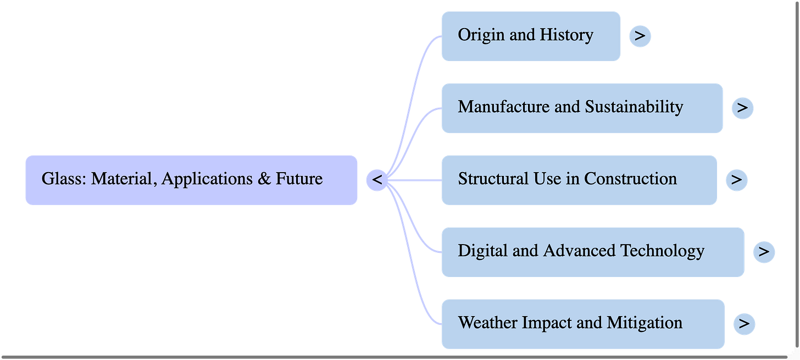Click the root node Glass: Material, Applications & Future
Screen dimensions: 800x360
click(191, 180)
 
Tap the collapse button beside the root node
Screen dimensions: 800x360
click(377, 180)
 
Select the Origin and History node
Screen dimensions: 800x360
click(530, 36)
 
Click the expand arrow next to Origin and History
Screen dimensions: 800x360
click(640, 36)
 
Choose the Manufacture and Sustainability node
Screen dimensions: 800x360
click(581, 108)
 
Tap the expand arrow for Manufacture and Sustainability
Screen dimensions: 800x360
click(742, 108)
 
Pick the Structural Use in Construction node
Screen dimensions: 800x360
click(578, 180)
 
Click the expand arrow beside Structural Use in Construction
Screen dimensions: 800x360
click(736, 180)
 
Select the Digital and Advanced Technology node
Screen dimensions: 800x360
click(592, 251)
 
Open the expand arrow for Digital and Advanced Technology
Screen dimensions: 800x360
click(764, 251)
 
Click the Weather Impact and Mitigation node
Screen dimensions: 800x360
click(582, 323)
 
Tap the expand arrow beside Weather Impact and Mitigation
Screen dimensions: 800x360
click(744, 323)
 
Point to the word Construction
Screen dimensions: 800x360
click(630, 179)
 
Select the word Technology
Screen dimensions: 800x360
click(662, 251)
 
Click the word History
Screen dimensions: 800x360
click(566, 35)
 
